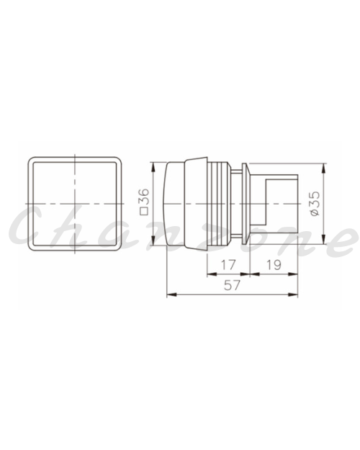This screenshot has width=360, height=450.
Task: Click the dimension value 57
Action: click(x=232, y=285)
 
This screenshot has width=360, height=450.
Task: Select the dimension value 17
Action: click(x=228, y=265)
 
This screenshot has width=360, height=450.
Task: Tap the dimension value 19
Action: click(x=274, y=265)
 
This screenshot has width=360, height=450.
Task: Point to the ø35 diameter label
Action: click(x=315, y=204)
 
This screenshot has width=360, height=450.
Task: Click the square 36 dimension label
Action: click(x=145, y=202)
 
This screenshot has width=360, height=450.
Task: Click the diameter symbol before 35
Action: click(x=315, y=212)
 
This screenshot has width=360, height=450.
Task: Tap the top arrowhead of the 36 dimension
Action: click(x=153, y=167)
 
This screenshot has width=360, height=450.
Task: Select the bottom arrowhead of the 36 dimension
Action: click(x=153, y=240)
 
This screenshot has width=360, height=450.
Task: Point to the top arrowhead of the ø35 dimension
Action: click(x=323, y=168)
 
